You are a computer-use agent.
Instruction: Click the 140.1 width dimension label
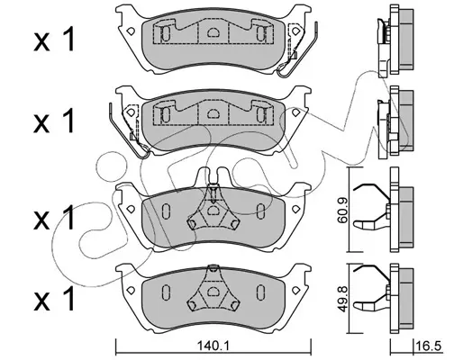[213, 346]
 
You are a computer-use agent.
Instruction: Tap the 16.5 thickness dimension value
[429, 346]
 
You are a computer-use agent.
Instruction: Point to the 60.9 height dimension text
[342, 210]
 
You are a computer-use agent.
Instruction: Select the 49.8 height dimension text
[342, 303]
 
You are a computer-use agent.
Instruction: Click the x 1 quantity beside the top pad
[54, 40]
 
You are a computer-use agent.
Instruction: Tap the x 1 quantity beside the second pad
[54, 121]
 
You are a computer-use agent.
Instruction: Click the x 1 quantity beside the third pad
[54, 218]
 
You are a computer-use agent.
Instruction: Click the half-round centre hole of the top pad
[213, 31]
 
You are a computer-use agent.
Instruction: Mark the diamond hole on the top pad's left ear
[131, 31]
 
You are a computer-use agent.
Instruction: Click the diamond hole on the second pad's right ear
[295, 112]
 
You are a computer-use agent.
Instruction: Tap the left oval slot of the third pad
[166, 211]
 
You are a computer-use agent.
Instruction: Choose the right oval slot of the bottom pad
[260, 292]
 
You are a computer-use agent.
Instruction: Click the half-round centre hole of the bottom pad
[213, 291]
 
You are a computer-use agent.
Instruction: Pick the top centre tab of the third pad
[213, 176]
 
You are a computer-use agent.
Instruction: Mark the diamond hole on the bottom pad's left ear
[131, 290]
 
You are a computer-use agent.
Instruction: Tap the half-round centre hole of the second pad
[213, 113]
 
